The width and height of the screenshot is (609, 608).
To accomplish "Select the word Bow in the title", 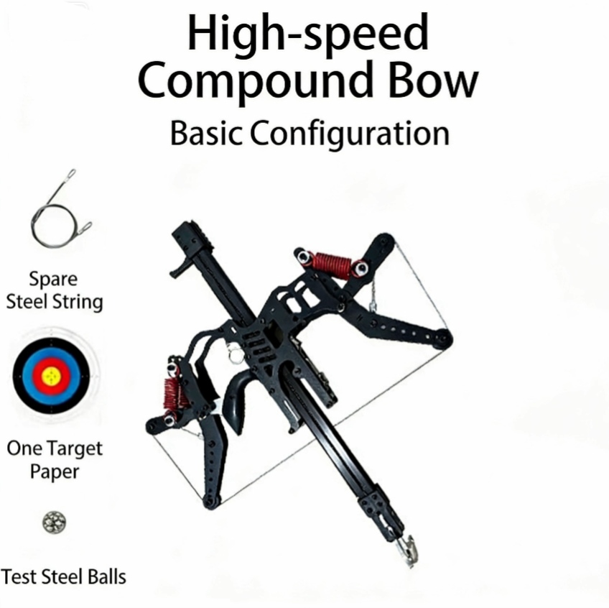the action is [x=433, y=80].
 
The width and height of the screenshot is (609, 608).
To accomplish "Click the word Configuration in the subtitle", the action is [x=349, y=134].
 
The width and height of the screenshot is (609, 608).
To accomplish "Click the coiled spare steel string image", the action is [x=61, y=208].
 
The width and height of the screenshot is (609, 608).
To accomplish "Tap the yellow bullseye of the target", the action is [x=51, y=377].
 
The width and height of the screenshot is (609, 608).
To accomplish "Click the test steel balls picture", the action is [x=54, y=522].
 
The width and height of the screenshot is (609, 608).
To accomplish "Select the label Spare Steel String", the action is [x=55, y=290].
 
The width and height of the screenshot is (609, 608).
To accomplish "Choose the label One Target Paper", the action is [x=55, y=460].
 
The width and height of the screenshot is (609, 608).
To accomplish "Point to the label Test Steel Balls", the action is [x=63, y=576].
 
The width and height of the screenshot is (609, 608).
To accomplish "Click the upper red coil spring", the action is [x=331, y=264].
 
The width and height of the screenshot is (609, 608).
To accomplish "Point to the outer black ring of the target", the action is [x=17, y=377].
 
